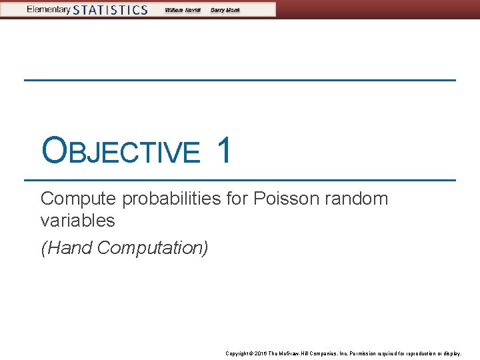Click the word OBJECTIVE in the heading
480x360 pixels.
click(120, 151)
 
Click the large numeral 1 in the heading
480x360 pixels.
click(225, 149)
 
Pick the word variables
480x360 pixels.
click(77, 220)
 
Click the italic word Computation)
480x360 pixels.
click(153, 248)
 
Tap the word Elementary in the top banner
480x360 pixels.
click(49, 9)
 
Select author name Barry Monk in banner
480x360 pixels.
click(225, 10)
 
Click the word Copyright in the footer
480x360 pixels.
click(237, 353)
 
